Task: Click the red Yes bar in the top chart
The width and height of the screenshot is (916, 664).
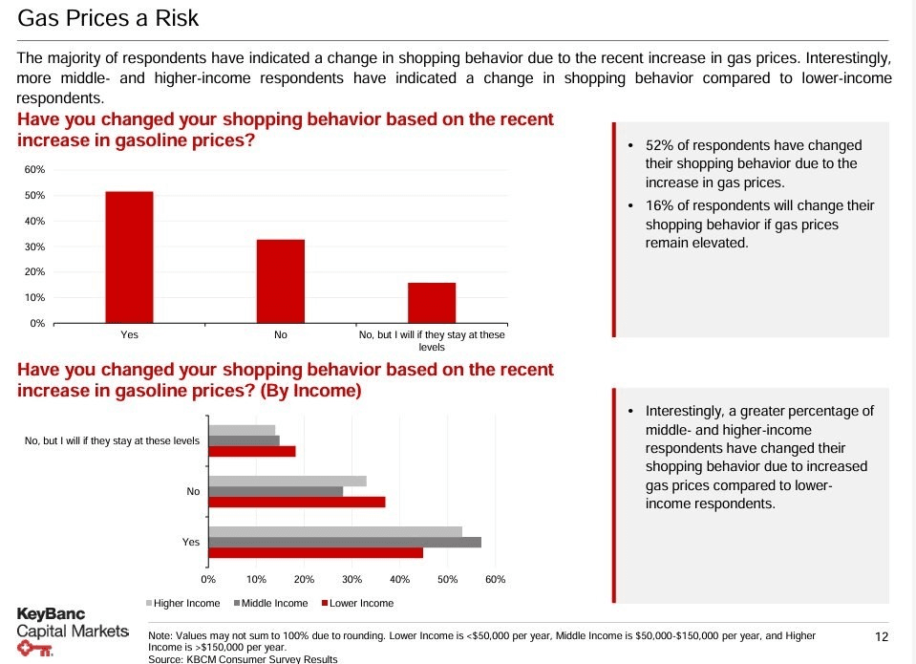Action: [x=129, y=257]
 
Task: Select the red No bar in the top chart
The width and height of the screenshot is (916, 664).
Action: [x=281, y=281]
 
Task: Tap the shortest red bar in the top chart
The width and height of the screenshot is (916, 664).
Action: [x=432, y=303]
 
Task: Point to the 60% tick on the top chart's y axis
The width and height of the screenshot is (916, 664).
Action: [x=34, y=170]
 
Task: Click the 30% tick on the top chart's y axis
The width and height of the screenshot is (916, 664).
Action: [x=34, y=246]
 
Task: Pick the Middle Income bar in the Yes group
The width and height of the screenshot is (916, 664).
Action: [x=345, y=542]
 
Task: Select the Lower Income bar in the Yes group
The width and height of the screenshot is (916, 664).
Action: [x=315, y=552]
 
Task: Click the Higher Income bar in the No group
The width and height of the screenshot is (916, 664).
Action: [x=288, y=481]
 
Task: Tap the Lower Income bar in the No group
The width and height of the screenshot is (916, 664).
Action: [x=297, y=502]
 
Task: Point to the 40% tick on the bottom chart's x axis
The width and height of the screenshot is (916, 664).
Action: [x=399, y=579]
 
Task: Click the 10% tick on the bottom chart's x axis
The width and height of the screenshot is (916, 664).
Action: [x=256, y=579]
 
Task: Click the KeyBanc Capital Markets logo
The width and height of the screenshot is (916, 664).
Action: [x=72, y=631]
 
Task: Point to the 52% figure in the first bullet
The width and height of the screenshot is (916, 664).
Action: [x=659, y=145]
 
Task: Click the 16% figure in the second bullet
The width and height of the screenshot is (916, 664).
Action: [x=659, y=205]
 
